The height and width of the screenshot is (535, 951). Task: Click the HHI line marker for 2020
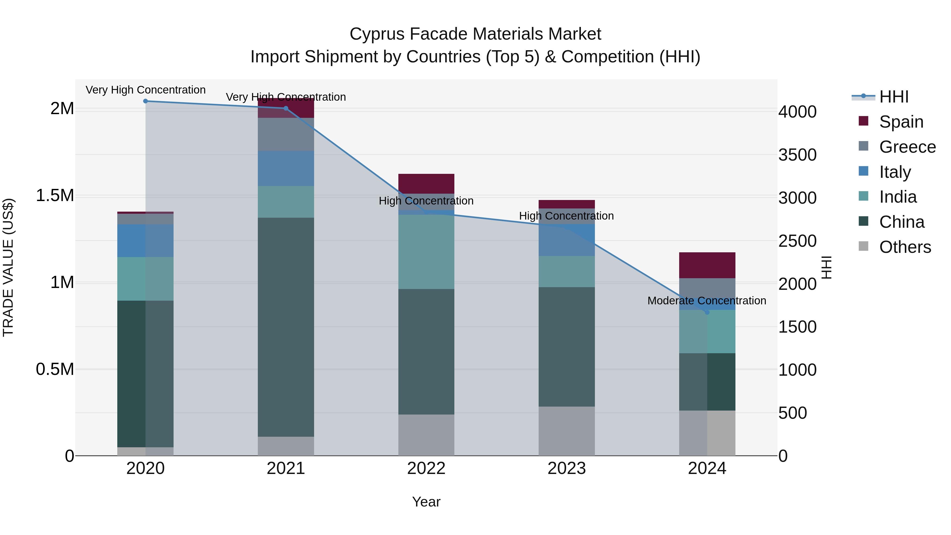click(x=146, y=101)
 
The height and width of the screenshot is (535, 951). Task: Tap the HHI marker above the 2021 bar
click(x=286, y=108)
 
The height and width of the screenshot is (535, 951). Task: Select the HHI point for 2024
click(x=707, y=312)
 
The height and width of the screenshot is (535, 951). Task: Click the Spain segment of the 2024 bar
click(x=707, y=265)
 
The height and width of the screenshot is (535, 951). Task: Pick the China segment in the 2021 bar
click(x=286, y=327)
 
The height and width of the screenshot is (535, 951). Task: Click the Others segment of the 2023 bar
click(x=566, y=431)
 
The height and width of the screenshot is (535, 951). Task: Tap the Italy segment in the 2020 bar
click(x=146, y=240)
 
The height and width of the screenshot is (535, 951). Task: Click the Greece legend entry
click(x=907, y=147)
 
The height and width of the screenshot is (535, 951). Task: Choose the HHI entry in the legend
click(x=893, y=97)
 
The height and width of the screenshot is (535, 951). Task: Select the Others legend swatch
click(x=864, y=246)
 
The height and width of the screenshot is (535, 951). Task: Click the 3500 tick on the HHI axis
click(x=798, y=155)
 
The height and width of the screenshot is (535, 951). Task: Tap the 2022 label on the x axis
click(x=426, y=468)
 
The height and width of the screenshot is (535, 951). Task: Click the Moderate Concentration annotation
click(x=707, y=301)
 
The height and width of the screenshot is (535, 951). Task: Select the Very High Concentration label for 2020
click(x=146, y=90)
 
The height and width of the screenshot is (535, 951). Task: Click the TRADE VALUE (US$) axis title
click(x=8, y=267)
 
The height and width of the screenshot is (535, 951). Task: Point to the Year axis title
click(x=426, y=502)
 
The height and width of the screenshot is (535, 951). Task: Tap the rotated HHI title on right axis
click(x=826, y=267)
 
